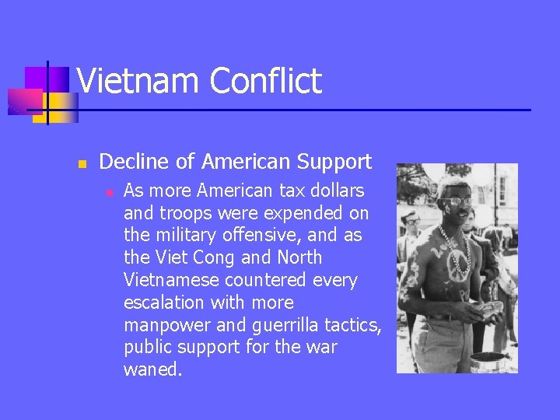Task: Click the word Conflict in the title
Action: click(265, 82)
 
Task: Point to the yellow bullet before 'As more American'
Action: click(109, 191)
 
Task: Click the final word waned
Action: click(152, 369)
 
